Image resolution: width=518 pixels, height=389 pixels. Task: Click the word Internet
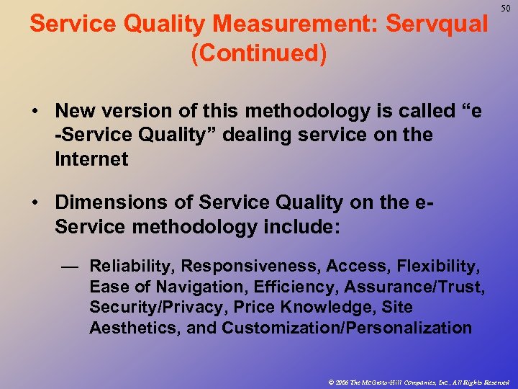[x=91, y=159]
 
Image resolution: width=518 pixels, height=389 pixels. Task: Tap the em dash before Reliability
[x=69, y=267]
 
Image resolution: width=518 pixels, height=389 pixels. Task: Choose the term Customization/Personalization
[x=347, y=328]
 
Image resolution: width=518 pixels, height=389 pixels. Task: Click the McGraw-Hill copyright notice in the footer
[x=417, y=381]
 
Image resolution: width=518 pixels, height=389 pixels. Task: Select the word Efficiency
[x=295, y=287]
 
